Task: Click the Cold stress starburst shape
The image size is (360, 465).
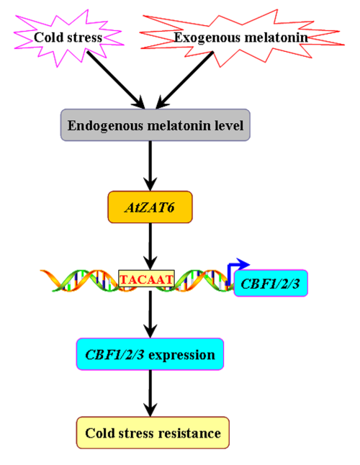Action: [68, 38]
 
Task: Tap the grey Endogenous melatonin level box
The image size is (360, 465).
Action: [156, 125]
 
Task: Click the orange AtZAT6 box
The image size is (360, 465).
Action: [150, 207]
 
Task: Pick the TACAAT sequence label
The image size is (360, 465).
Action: [146, 279]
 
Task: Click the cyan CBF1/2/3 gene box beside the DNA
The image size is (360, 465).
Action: [271, 283]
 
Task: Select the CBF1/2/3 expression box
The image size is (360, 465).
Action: [150, 354]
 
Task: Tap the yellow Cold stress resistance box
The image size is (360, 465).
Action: [153, 433]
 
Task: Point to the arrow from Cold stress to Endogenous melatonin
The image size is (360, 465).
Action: [116, 80]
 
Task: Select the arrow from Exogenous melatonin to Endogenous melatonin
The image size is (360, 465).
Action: [184, 80]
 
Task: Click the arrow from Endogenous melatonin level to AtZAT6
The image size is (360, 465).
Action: [150, 166]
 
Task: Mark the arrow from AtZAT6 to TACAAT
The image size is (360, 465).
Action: [150, 246]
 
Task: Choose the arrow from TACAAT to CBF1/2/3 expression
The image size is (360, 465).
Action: [150, 315]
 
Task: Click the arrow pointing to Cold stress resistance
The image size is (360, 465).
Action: [150, 393]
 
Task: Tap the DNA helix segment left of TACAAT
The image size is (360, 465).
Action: [79, 280]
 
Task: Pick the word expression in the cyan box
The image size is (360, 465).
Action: [181, 356]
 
